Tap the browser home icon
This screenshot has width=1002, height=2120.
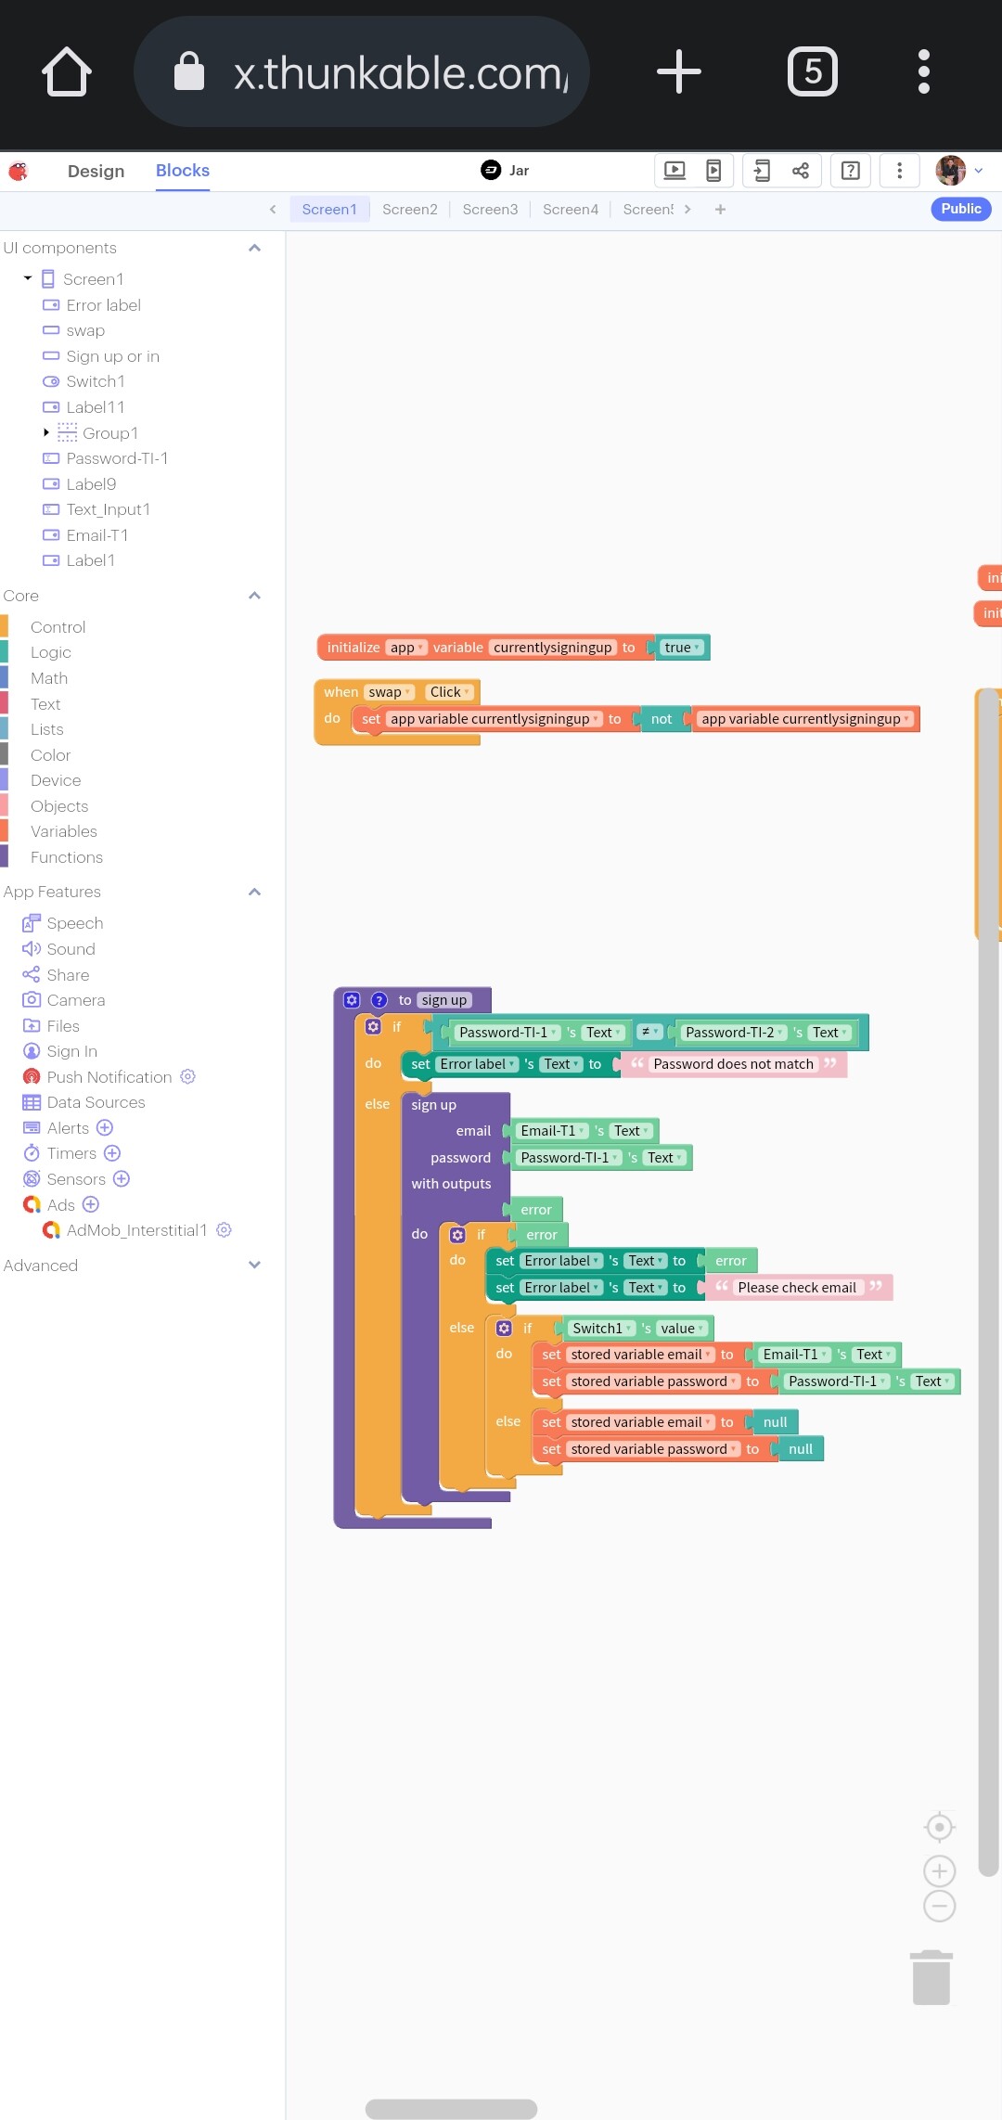pos(67,71)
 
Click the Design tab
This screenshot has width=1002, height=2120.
pos(96,171)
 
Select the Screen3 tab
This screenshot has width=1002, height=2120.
pos(490,210)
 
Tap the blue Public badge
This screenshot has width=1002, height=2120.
pos(960,209)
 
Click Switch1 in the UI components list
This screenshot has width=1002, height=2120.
pos(95,381)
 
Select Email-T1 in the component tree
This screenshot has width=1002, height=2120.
pos(96,535)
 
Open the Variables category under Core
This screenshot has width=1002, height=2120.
pos(63,831)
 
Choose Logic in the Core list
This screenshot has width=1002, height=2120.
pos(50,652)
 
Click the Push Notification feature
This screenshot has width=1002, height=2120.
pos(109,1077)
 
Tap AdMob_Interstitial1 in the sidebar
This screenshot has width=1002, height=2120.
pos(135,1230)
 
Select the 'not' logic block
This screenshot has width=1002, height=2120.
pos(662,719)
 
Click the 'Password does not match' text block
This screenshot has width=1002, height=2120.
pos(732,1064)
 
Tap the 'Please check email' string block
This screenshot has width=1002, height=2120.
pos(796,1288)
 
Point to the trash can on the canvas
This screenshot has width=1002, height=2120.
pos(931,1978)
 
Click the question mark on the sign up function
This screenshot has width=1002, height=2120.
pos(379,1000)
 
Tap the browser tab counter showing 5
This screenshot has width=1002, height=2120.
pos(812,71)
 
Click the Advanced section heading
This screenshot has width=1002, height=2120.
pos(41,1266)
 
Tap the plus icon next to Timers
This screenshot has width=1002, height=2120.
pos(112,1153)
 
